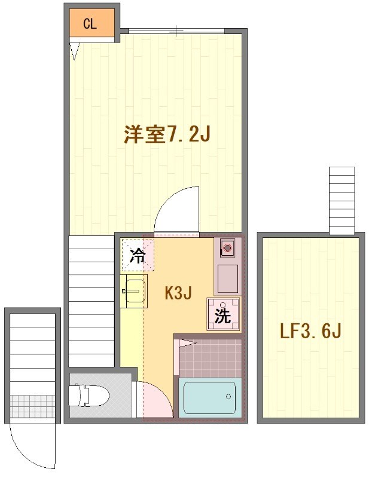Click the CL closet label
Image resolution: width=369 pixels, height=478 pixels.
point(90,24)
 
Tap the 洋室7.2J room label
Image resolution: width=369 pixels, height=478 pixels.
point(166,134)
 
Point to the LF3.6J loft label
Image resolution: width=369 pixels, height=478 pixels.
point(311,330)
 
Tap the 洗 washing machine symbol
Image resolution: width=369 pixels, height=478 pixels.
point(223,314)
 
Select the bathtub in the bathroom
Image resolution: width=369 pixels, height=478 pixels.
point(209,397)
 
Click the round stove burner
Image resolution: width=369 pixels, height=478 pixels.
point(228,246)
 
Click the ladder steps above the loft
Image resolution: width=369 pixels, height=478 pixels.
point(342,201)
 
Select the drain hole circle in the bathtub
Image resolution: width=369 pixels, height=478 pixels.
point(228,396)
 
